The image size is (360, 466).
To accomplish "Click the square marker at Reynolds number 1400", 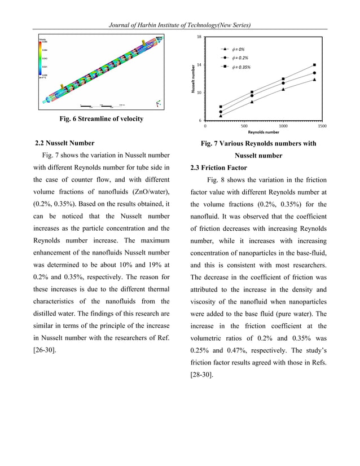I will pyautogui.click(x=314, y=65).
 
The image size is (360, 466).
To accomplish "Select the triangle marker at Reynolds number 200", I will pyautogui.click(x=221, y=116).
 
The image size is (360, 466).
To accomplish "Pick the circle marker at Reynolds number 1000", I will pyautogui.click(x=283, y=83).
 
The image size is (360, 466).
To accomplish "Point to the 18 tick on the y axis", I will pyautogui.click(x=199, y=37).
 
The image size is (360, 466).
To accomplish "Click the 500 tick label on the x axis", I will pyautogui.click(x=244, y=126).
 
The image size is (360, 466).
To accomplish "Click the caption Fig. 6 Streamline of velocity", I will pyautogui.click(x=101, y=119).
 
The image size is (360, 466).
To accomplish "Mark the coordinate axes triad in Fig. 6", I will pyautogui.click(x=158, y=104).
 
